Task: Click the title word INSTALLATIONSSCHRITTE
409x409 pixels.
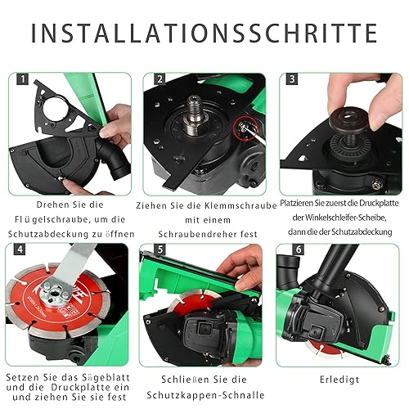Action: [204, 33]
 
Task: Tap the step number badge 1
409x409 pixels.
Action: [22, 79]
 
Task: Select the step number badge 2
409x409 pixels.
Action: [160, 79]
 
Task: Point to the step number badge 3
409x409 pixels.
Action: [292, 79]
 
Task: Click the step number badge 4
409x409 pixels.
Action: [20, 249]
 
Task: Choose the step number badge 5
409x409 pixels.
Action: [160, 249]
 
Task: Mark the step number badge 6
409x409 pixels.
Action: [299, 249]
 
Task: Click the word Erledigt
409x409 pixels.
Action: [339, 380]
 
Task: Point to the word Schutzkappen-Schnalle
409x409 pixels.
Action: [205, 395]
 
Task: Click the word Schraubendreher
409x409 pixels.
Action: [197, 234]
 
